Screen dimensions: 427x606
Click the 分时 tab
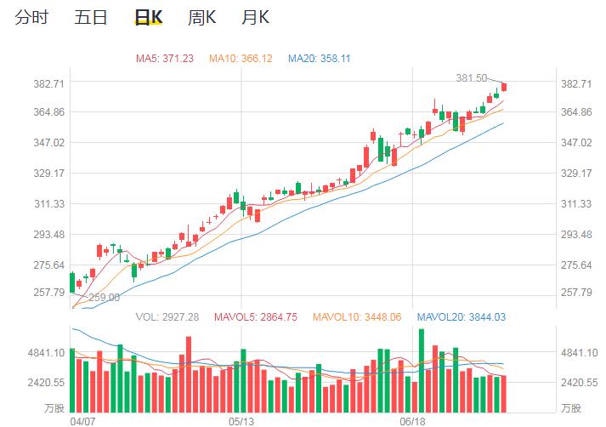[x=31, y=17]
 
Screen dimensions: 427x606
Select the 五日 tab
[x=91, y=17]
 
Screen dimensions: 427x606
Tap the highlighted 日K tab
[x=150, y=17]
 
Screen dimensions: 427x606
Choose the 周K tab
[x=202, y=17]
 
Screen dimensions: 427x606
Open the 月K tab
[x=255, y=17]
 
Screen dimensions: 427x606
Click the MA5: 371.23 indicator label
[x=165, y=59]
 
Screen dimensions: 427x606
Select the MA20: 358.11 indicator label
[x=320, y=59]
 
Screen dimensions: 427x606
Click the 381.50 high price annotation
[x=472, y=77]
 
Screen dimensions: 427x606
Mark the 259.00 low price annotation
[x=105, y=298]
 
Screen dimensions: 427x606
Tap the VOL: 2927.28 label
[x=167, y=317]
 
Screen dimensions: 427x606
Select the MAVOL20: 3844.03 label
[x=461, y=317]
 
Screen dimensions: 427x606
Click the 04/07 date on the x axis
[x=82, y=420]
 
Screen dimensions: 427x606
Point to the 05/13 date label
[x=242, y=420]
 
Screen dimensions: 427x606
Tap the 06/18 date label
[x=412, y=420]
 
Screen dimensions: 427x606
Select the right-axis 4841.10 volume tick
[x=577, y=352]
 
